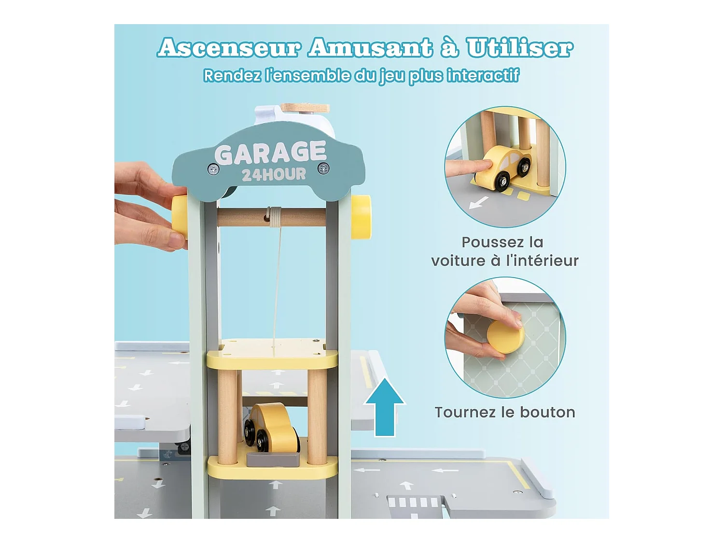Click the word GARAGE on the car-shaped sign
pos(270,153)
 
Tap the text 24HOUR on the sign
pos(274,174)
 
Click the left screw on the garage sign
pos(213,169)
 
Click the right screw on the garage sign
pos(323,168)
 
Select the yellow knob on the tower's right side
pos(361,217)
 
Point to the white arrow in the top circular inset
pos(478,203)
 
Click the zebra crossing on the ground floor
pos(414,502)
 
